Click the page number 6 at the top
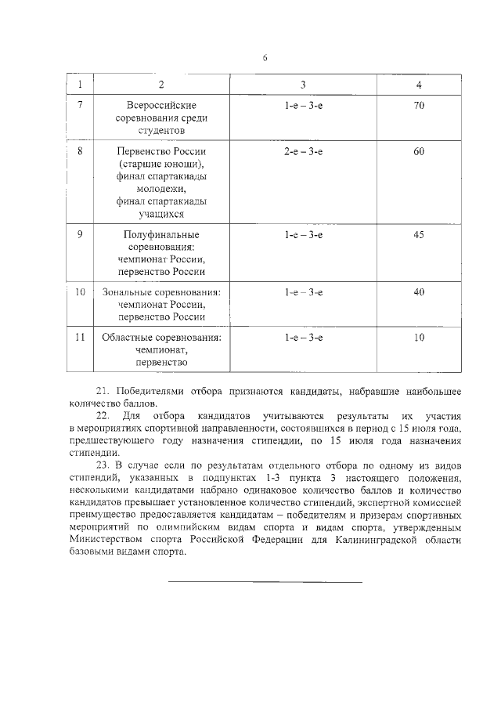265,57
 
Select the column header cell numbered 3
304,84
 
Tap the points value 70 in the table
419,104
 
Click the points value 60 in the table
419,150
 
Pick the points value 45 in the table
419,234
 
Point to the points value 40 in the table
419,292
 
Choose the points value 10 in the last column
419,338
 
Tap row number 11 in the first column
80,338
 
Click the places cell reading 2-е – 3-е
304,150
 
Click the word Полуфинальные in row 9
161,235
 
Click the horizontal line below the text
265,582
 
